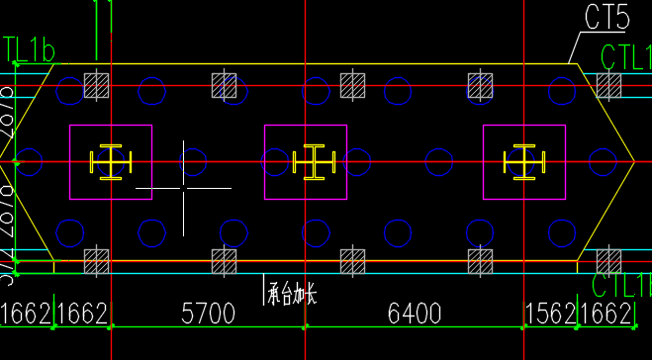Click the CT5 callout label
pyautogui.click(x=607, y=17)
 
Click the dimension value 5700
pyautogui.click(x=207, y=315)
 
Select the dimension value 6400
pyautogui.click(x=414, y=315)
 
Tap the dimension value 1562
pyautogui.click(x=548, y=315)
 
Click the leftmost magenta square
pyautogui.click(x=110, y=161)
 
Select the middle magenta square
pyautogui.click(x=306, y=161)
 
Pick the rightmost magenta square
pyautogui.click(x=523, y=161)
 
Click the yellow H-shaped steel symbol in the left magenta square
pyautogui.click(x=110, y=162)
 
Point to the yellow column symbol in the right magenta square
pyautogui.click(x=521, y=162)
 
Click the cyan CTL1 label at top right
pyautogui.click(x=625, y=57)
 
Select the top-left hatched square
pyautogui.click(x=96, y=86)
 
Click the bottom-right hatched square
pyautogui.click(x=607, y=261)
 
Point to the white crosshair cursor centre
pyautogui.click(x=183, y=187)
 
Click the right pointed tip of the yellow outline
pyautogui.click(x=633, y=161)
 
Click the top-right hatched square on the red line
pyautogui.click(x=607, y=86)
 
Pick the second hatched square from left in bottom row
pyautogui.click(x=225, y=261)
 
